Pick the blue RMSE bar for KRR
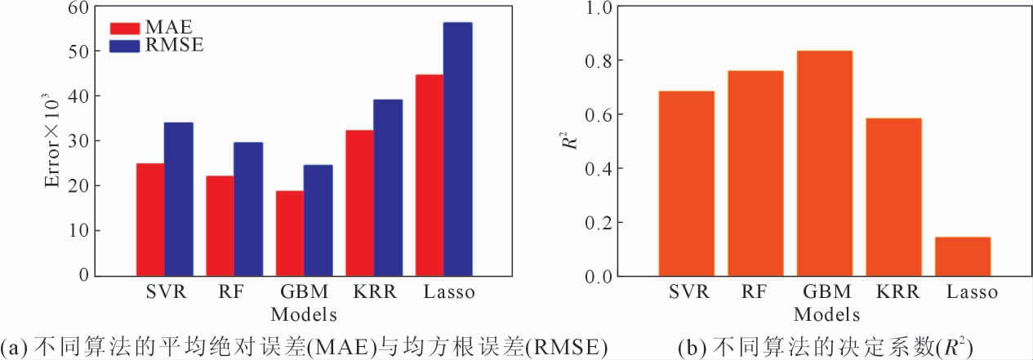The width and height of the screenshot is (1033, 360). pos(388,187)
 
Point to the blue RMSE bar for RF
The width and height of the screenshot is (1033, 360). pos(248,208)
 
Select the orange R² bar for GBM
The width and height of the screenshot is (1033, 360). pos(822,163)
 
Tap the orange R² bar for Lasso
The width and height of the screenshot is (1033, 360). pos(961,256)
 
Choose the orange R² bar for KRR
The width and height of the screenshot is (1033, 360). pos(892,197)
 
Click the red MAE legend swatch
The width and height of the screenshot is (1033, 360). pos(126,29)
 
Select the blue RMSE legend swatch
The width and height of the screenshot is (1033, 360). pos(126,46)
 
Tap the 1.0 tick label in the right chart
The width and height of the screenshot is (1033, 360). pos(615,7)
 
